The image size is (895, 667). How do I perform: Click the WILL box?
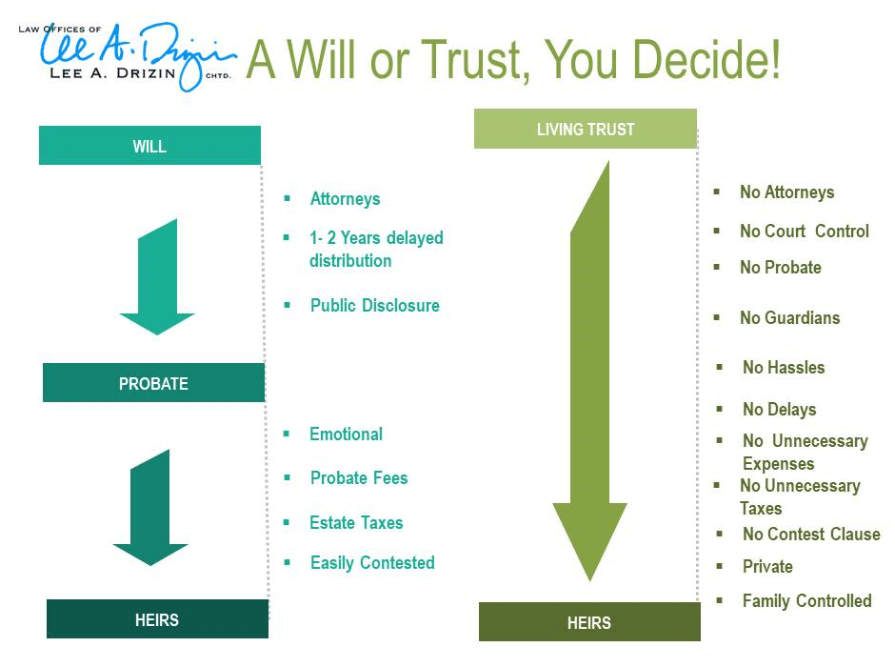(149, 146)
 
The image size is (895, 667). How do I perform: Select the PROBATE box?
(153, 383)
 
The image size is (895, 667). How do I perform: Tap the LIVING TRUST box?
(585, 129)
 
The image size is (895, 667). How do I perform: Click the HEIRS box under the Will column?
(157, 619)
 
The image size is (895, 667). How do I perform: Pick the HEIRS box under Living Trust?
(588, 622)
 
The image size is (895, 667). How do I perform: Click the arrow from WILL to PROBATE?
(157, 281)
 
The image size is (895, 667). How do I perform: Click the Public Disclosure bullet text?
(374, 306)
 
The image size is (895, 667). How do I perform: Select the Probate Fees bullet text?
(358, 478)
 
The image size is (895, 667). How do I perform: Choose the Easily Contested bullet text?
(372, 563)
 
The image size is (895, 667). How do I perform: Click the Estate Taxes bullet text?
(356, 523)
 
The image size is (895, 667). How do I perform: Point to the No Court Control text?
(804, 232)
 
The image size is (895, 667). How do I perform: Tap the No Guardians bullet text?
(789, 318)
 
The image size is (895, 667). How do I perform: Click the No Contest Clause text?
(811, 535)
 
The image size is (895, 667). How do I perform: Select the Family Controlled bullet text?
(806, 601)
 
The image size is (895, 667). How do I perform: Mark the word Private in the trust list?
(767, 567)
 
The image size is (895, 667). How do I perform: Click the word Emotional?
(346, 435)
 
